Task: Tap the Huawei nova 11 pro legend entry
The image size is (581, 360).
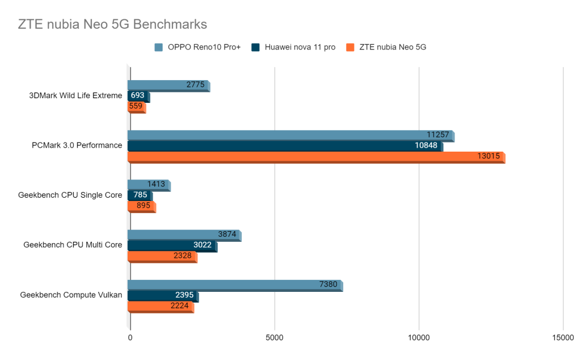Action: pyautogui.click(x=294, y=47)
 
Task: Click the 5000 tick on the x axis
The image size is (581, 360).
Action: pyautogui.click(x=275, y=337)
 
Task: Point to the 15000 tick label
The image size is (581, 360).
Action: pyautogui.click(x=563, y=337)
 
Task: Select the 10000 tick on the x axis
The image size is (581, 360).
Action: pyautogui.click(x=419, y=337)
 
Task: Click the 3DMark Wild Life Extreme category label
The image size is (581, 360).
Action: pyautogui.click(x=75, y=95)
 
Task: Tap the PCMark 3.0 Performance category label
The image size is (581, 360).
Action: pyautogui.click(x=77, y=145)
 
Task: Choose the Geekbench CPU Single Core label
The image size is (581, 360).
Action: pyautogui.click(x=70, y=195)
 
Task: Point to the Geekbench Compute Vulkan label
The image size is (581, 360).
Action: pyautogui.click(x=71, y=295)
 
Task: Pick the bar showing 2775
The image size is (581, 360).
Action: pyautogui.click(x=168, y=85)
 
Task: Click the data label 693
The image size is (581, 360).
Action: pyautogui.click(x=137, y=95)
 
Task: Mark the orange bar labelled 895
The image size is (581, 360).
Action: pyautogui.click(x=141, y=206)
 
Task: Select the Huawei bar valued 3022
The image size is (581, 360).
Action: pyautogui.click(x=171, y=245)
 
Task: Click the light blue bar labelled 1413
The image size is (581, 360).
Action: pyautogui.click(x=148, y=185)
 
